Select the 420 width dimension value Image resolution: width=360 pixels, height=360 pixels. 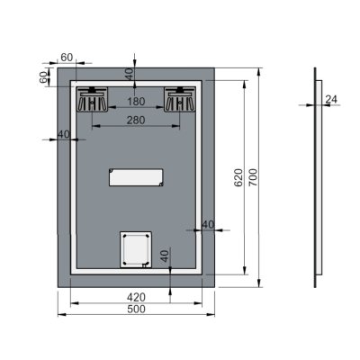click(136, 294)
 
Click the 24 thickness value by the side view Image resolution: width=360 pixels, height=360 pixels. click(330, 99)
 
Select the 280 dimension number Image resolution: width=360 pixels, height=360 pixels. click(137, 120)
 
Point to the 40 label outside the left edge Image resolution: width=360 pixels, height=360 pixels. click(63, 134)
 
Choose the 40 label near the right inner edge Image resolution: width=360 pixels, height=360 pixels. click(207, 224)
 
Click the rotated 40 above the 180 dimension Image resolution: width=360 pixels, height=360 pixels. click(129, 74)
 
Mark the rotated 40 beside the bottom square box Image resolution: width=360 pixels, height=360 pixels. click(165, 256)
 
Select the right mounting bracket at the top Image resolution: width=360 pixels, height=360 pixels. click(181, 98)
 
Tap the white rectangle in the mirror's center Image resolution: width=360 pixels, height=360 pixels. click(136, 176)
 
